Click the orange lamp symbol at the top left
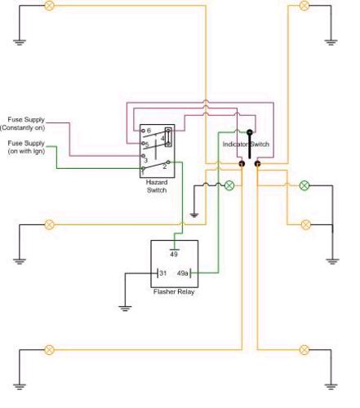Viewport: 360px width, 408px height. pyautogui.click(x=48, y=5)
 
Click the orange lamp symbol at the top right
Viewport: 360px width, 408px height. pyautogui.click(x=304, y=5)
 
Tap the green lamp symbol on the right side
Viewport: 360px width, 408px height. pyautogui.click(x=304, y=185)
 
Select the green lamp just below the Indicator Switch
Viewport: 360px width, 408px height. pyautogui.click(x=229, y=185)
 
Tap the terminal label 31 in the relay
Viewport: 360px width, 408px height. pyautogui.click(x=162, y=273)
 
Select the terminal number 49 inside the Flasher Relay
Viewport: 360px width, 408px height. pyautogui.click(x=174, y=254)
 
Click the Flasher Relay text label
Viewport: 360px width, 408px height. pyautogui.click(x=175, y=291)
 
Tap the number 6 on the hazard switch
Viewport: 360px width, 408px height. pyautogui.click(x=149, y=131)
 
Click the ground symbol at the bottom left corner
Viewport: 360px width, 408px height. pyautogui.click(x=18, y=384)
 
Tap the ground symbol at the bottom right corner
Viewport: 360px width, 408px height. pyautogui.click(x=332, y=384)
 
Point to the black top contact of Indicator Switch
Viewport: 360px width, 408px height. pyautogui.click(x=249, y=131)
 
